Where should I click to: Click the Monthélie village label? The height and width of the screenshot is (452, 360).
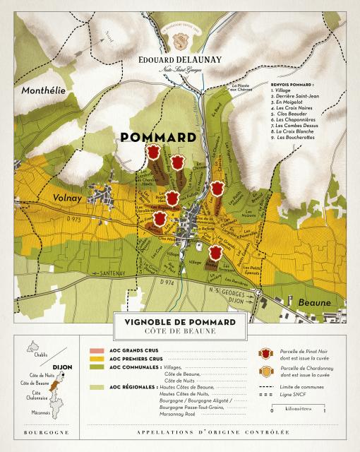click(43, 91)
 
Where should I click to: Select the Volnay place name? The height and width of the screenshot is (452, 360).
click(64, 198)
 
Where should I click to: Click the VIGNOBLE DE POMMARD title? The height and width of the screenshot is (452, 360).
click(180, 322)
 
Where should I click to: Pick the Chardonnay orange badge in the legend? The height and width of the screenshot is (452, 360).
click(265, 371)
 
